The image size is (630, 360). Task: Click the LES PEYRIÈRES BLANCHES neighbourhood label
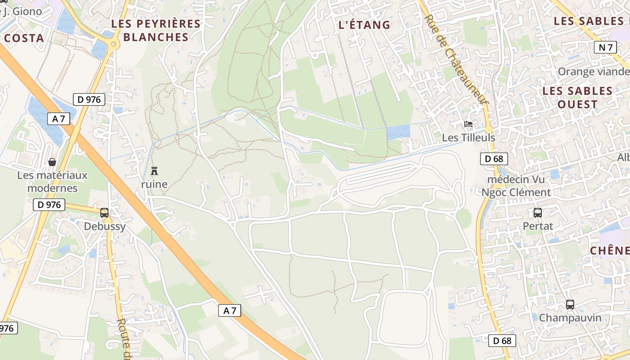click(x=156, y=31)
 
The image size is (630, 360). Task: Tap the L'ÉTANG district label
click(x=364, y=25)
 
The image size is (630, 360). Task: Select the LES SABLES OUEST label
click(x=577, y=98)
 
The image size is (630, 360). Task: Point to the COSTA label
click(x=24, y=38)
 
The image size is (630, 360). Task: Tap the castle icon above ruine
click(x=154, y=171)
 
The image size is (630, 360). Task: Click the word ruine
click(x=154, y=184)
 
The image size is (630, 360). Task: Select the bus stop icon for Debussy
click(x=104, y=212)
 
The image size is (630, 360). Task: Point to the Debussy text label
click(x=105, y=226)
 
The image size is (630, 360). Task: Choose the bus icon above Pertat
click(x=538, y=212)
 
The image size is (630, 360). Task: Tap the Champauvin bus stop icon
click(x=570, y=305)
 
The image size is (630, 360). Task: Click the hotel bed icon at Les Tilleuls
click(x=468, y=124)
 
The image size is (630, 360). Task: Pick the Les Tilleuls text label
click(x=468, y=138)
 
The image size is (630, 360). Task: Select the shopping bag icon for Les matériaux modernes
click(x=52, y=162)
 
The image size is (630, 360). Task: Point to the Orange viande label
click(x=594, y=72)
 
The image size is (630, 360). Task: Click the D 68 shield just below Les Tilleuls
click(x=494, y=158)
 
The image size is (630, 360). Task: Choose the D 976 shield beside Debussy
click(x=49, y=205)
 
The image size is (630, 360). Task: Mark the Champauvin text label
click(x=570, y=318)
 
